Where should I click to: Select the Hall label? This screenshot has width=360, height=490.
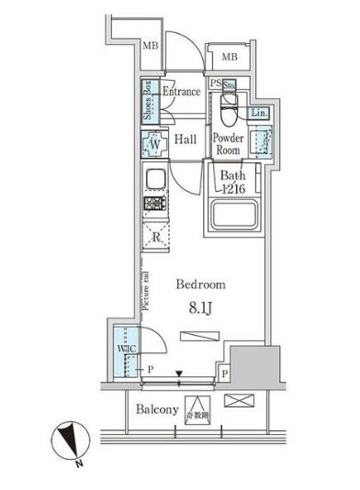[186, 139]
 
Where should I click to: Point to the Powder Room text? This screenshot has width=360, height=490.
[228, 144]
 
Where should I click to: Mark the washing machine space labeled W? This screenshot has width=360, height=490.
[152, 144]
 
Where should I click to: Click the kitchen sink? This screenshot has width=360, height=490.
[152, 178]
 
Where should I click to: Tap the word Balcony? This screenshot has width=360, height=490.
[158, 410]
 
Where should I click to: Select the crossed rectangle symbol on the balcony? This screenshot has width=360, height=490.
[236, 401]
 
